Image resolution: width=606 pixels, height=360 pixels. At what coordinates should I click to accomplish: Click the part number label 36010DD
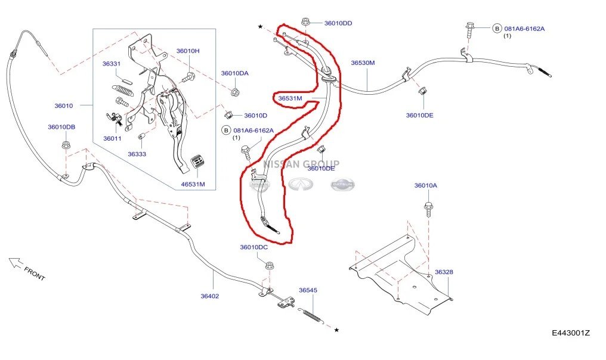click(x=338, y=23)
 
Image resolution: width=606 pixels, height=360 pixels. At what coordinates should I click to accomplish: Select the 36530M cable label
click(x=363, y=63)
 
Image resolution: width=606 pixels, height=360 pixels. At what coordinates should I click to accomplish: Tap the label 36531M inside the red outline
click(x=290, y=98)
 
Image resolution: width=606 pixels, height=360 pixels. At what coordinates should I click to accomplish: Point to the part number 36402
click(x=209, y=296)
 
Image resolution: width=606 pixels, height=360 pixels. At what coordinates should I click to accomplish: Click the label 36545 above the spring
click(x=308, y=290)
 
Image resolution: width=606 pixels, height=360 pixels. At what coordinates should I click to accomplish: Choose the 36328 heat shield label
click(x=444, y=272)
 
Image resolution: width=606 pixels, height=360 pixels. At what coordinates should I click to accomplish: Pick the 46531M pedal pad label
click(x=193, y=184)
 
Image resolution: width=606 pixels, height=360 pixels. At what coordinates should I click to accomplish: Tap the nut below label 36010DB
click(x=66, y=145)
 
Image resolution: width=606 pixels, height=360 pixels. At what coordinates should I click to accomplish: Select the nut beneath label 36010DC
click(x=270, y=266)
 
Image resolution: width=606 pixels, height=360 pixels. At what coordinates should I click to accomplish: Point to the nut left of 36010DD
click(x=305, y=21)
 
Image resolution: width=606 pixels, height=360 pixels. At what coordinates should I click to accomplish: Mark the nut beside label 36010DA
click(x=234, y=93)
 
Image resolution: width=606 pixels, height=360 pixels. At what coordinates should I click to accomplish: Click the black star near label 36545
click(x=336, y=330)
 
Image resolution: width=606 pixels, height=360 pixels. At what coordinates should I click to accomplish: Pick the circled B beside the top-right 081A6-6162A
click(x=497, y=29)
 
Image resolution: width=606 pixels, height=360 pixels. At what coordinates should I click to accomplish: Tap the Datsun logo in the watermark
click(x=342, y=185)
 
